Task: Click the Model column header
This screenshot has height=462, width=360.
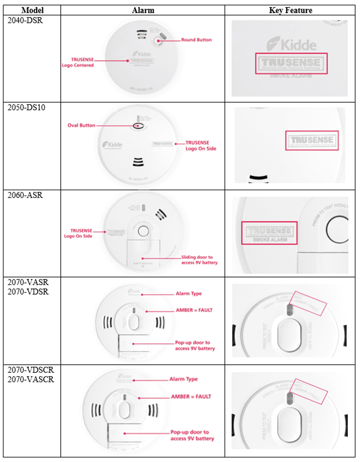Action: coord(32,10)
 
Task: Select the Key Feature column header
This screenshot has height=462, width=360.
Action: coord(291,10)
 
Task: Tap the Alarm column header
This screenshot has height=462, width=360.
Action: coord(142,10)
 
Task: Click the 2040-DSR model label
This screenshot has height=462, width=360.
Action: coord(25,20)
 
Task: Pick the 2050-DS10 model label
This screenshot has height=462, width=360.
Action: coord(26,107)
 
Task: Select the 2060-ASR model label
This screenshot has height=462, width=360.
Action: coord(25,195)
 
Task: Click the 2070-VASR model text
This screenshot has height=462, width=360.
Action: coord(28,283)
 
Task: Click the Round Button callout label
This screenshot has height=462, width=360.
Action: coord(196,40)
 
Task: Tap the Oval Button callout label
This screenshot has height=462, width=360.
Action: coord(81,125)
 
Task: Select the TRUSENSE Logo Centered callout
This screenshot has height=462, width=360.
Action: coord(78,62)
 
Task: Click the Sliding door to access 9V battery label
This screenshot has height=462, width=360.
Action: coord(199,260)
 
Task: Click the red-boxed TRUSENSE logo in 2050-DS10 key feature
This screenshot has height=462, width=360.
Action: coord(312,141)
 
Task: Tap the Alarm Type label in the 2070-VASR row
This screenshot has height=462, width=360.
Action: coord(189,294)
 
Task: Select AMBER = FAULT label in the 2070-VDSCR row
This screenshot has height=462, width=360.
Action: coord(191,396)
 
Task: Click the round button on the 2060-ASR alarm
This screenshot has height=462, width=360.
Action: coord(144,230)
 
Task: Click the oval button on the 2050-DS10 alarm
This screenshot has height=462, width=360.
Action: coord(139,126)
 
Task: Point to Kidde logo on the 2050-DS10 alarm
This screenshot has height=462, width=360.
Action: coord(112,144)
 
